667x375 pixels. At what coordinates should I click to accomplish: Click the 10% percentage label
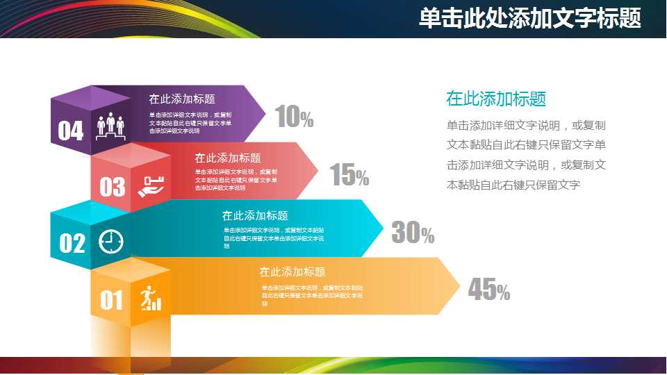[x=294, y=117]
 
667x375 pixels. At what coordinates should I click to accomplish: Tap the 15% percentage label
[x=349, y=176]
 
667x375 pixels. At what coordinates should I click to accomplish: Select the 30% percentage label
[x=412, y=233]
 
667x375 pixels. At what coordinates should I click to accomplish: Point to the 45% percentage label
[x=488, y=290]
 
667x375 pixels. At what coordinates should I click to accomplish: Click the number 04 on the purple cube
[x=70, y=131]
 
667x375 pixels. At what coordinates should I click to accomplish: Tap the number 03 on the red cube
[x=112, y=187]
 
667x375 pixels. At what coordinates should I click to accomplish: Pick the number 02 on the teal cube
[x=72, y=243]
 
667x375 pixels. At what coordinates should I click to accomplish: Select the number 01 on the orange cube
[x=111, y=300]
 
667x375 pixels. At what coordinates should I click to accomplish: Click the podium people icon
[x=110, y=127]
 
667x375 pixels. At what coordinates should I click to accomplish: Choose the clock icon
[x=110, y=241]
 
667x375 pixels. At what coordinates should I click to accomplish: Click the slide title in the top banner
[x=529, y=19]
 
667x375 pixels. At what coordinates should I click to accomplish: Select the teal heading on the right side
[x=496, y=99]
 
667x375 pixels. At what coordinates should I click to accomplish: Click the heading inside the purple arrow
[x=181, y=99]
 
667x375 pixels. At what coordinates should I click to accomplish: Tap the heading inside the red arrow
[x=227, y=158]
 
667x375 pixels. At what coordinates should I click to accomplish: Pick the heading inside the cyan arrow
[x=255, y=216]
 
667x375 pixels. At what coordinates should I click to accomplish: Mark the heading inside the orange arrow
[x=292, y=272]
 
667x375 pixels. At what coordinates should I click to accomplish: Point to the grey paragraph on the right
[x=526, y=156]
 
